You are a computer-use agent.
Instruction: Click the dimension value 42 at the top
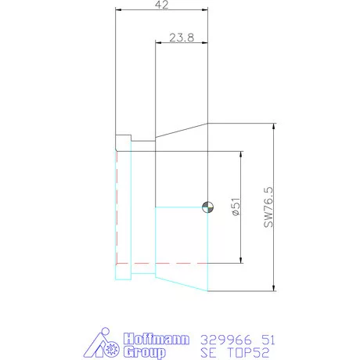tap(160, 5)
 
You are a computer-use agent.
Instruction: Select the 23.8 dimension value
tap(181, 37)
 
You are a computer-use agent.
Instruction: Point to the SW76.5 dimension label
tap(268, 207)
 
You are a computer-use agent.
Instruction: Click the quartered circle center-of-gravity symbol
tap(207, 207)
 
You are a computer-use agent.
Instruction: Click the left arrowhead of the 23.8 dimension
tap(159, 43)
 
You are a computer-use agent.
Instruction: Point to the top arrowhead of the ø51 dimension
tap(240, 153)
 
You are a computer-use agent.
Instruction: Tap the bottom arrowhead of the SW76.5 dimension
tap(274, 287)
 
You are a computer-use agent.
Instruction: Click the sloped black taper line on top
tap(181, 131)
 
